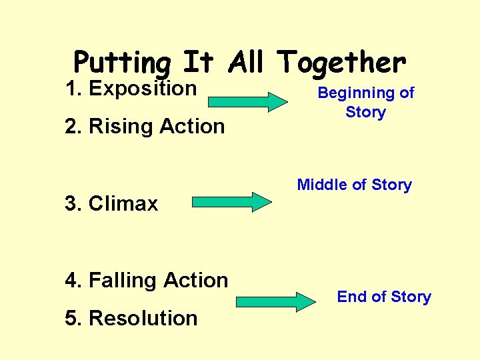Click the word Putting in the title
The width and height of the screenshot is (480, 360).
122,63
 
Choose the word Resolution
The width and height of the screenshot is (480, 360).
143,318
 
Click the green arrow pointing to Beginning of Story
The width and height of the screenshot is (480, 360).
247,101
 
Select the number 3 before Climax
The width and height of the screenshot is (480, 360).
71,203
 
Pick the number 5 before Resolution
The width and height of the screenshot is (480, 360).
71,318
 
